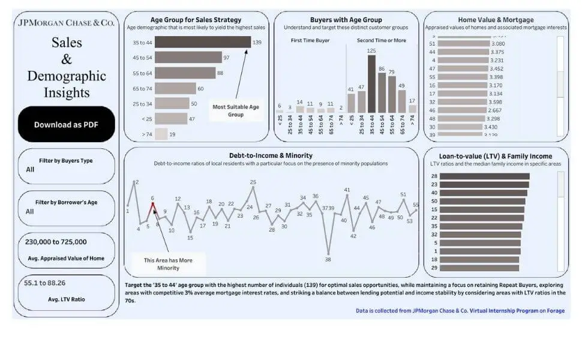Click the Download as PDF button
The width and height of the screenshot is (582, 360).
point(66,125)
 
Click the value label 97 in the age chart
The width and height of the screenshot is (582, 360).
point(226,58)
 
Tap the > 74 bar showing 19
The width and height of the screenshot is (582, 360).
point(161,134)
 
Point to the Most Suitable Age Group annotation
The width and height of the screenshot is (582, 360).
point(236,110)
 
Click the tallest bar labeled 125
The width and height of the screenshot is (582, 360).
point(371,84)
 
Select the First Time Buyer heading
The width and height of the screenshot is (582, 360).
point(310,40)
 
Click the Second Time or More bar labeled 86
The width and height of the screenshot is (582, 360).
point(382,93)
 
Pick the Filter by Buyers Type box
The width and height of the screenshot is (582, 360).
point(66,166)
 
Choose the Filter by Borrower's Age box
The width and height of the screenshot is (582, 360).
point(66,208)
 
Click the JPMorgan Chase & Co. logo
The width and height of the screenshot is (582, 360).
point(66,23)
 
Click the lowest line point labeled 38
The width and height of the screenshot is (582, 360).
point(328,253)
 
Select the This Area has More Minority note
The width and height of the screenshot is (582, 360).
point(169,263)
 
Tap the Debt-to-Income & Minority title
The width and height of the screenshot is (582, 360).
point(271,155)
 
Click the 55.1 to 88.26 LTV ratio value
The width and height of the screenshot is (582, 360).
point(45,283)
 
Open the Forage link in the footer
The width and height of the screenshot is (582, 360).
point(555,311)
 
